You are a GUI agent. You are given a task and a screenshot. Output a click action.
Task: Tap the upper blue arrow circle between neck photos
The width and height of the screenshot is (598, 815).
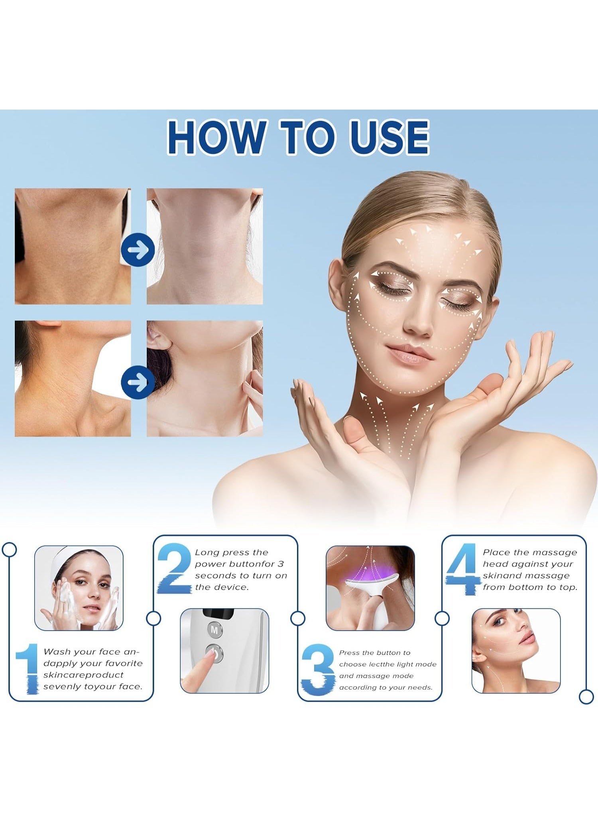138,249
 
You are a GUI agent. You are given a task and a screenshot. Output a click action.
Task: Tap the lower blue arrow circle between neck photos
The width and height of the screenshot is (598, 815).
138,382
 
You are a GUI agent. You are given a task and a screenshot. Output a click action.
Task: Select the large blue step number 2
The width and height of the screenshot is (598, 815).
174,569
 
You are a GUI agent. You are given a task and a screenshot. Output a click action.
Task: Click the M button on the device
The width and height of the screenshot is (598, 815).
214,630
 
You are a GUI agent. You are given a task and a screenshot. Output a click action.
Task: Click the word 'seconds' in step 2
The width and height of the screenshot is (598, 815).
215,575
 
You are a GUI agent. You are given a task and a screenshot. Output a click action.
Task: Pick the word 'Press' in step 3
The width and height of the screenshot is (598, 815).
349,653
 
